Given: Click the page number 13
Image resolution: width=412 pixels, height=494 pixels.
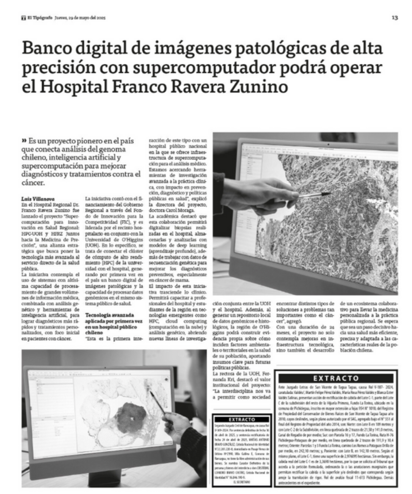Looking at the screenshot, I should [395, 18].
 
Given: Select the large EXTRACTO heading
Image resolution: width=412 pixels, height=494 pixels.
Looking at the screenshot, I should [335, 378].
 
